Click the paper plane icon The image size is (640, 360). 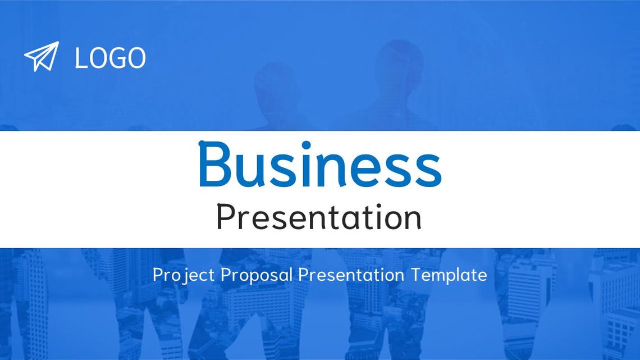pyautogui.click(x=41, y=56)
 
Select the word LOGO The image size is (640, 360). pyautogui.click(x=110, y=58)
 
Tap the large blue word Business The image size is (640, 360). pyautogui.click(x=319, y=165)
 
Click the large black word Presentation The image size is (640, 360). pyautogui.click(x=319, y=217)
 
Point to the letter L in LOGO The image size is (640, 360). pyautogui.click(x=80, y=58)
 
